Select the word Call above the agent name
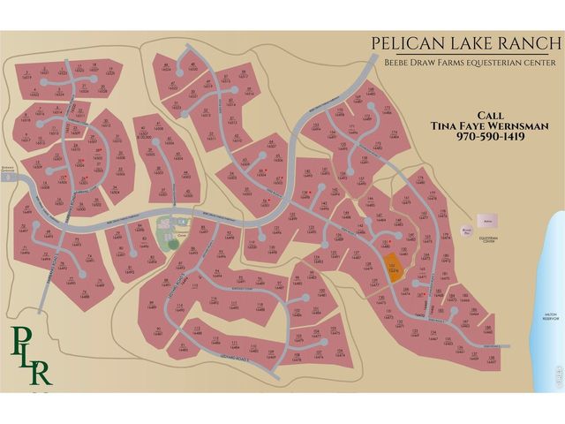(490, 115)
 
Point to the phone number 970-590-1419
(490, 138)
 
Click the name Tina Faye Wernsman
(490, 126)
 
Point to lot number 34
(115, 189)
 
